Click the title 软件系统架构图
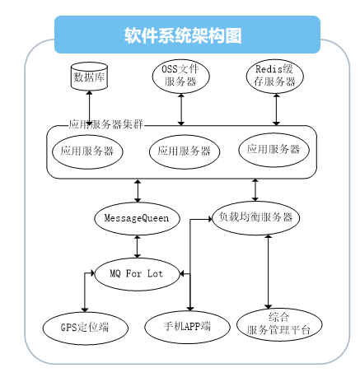click(183, 35)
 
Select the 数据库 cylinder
click(89, 76)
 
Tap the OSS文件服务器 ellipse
click(181, 76)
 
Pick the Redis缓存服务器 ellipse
click(275, 76)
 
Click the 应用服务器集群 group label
click(106, 124)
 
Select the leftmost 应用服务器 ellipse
click(87, 151)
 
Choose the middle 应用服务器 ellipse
click(185, 151)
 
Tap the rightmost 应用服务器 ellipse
click(274, 150)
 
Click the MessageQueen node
click(137, 218)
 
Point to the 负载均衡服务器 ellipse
click(255, 217)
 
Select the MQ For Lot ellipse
click(137, 274)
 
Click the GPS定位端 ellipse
click(86, 328)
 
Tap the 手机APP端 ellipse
click(187, 327)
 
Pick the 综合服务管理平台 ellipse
click(279, 324)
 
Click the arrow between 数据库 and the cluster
click(89, 109)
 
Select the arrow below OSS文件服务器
click(181, 109)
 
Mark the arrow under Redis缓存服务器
click(276, 109)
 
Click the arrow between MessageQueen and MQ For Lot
click(138, 246)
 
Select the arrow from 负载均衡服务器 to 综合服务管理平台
click(269, 272)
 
